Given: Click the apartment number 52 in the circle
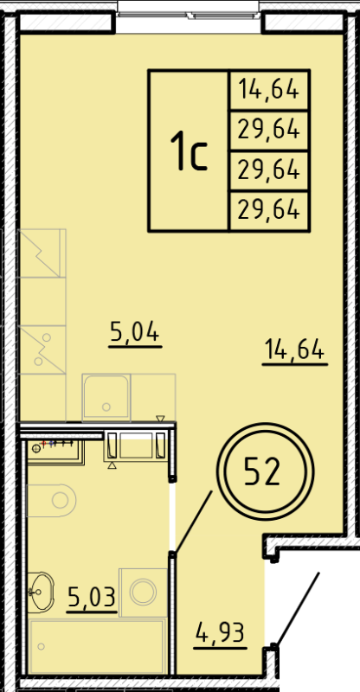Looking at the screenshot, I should [x=262, y=472].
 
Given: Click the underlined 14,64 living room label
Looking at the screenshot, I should [x=293, y=350].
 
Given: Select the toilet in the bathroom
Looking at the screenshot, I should [x=53, y=499].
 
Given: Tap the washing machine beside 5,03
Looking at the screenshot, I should [x=140, y=593].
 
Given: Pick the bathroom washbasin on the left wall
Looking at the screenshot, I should [x=40, y=593].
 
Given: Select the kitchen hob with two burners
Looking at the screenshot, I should [x=42, y=348].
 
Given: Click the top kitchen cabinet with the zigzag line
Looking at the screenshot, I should [x=42, y=253].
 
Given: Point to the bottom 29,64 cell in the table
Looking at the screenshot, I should [x=269, y=209].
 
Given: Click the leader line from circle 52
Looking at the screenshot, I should [x=195, y=520].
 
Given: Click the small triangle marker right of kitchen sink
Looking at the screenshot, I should [x=160, y=420].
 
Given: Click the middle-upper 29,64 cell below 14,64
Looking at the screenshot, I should [x=269, y=130].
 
